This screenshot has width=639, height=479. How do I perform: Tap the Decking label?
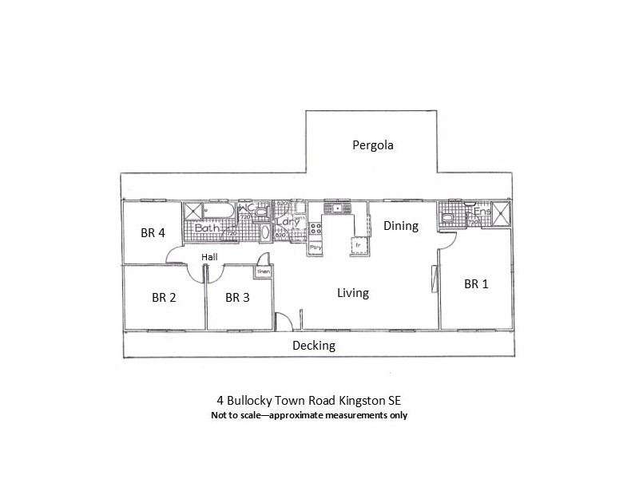313,346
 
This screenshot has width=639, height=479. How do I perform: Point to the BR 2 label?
164,298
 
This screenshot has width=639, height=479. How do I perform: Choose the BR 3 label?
237,298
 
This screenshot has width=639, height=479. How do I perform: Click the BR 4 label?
152,234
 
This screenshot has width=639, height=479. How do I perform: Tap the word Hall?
209,256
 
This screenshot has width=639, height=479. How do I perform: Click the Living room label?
352,293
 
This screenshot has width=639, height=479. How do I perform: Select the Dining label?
400,226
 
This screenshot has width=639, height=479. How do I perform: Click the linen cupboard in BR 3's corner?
263,272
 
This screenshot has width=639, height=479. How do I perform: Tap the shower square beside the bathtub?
193,212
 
